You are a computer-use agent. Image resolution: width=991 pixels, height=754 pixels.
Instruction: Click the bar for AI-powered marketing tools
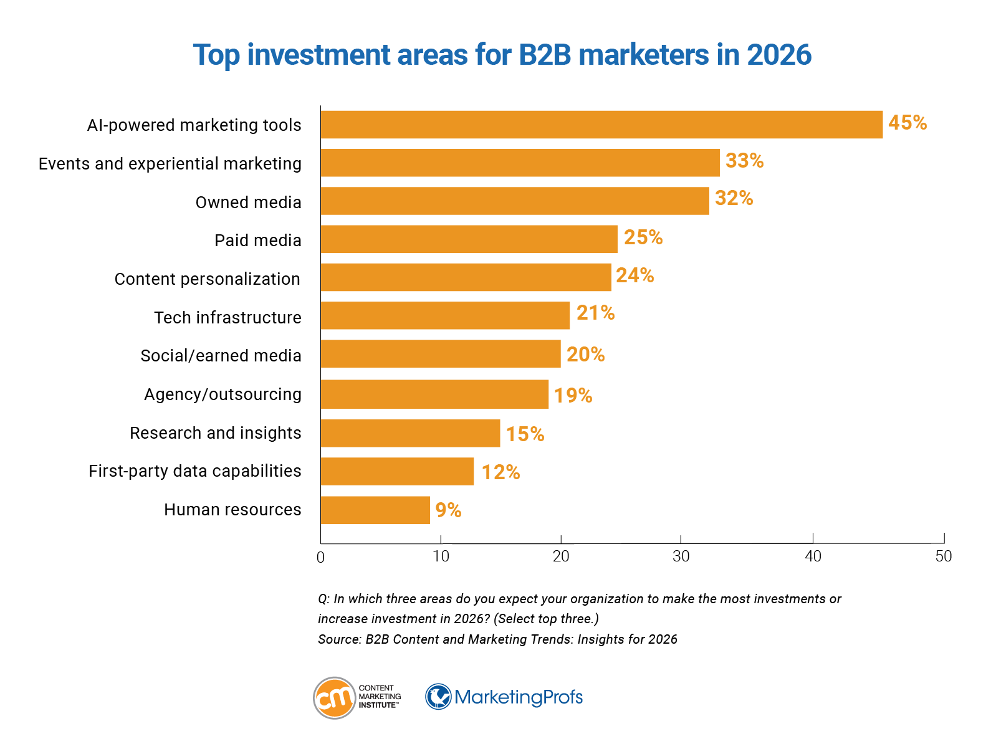[601, 125]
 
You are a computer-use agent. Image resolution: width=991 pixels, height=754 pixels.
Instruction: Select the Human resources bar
[375, 510]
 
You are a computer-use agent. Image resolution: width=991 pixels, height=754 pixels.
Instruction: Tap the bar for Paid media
[469, 239]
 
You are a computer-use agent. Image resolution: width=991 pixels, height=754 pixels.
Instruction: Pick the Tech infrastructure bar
[445, 315]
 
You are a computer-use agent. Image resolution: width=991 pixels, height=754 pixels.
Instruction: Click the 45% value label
[907, 123]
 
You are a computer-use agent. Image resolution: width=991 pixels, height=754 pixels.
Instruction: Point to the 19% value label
[573, 395]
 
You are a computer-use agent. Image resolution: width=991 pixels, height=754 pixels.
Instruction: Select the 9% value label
[448, 510]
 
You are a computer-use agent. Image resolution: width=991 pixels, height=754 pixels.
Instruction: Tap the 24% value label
[634, 275]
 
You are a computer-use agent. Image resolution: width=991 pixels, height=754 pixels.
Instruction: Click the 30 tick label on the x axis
[681, 556]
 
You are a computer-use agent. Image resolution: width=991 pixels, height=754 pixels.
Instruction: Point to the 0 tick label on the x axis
[320, 558]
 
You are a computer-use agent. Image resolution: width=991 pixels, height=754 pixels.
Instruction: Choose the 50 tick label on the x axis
[944, 556]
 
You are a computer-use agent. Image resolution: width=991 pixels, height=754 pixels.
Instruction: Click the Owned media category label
[248, 203]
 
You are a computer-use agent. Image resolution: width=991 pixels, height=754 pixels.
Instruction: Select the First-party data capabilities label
[194, 471]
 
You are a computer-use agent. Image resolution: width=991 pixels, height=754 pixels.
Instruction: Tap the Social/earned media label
[221, 356]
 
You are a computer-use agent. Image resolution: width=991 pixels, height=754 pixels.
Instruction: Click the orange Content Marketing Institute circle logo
[335, 698]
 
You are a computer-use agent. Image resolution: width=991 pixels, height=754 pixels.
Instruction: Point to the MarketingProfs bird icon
[439, 697]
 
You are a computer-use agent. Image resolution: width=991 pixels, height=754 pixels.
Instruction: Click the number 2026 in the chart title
[779, 55]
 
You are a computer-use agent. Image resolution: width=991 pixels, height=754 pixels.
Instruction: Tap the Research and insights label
[215, 433]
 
